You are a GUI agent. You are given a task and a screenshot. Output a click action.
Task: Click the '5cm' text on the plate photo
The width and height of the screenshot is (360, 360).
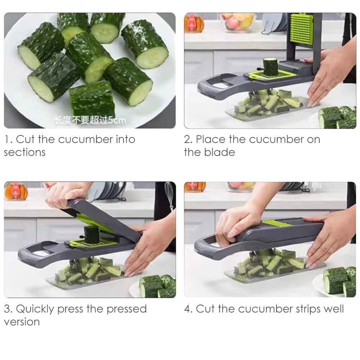[x=118, y=120]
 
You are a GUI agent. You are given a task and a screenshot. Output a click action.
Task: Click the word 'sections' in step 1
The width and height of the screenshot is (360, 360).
[x=24, y=152]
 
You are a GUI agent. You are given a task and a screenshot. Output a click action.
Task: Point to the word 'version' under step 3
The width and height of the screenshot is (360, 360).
[x=22, y=321]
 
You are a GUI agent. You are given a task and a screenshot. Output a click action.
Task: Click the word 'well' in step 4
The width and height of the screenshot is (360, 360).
[x=333, y=309]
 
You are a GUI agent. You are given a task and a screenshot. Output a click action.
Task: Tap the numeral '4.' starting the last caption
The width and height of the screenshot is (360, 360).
[x=189, y=309]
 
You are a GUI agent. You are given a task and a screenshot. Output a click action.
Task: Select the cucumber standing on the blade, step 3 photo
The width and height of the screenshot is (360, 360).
[x=91, y=234]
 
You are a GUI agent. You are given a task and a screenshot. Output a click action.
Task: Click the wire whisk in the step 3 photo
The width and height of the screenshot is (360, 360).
[x=169, y=194]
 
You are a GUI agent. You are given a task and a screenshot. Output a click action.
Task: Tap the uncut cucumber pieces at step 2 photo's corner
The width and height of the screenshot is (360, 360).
[x=337, y=117]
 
